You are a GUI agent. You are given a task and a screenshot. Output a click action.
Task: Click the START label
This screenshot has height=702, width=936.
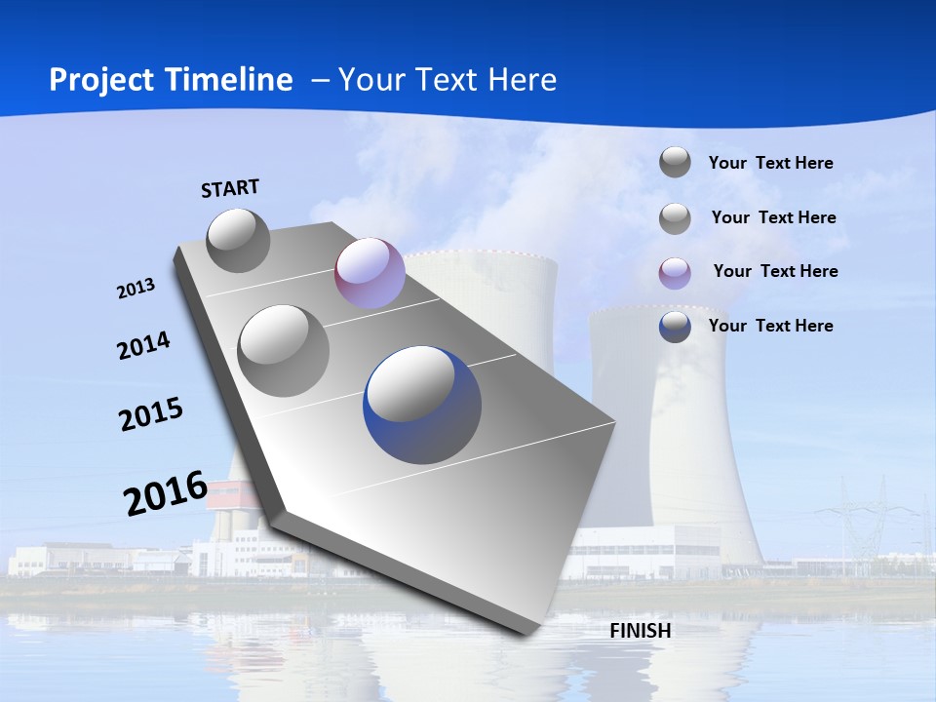(x=230, y=188)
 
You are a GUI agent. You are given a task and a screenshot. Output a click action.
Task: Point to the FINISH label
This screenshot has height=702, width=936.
(x=641, y=631)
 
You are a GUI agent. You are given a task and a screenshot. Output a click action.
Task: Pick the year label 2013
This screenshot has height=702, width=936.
(x=136, y=289)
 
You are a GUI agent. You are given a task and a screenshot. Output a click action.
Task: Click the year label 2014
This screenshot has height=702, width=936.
(x=144, y=346)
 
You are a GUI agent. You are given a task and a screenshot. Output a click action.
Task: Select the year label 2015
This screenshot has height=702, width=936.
(x=151, y=414)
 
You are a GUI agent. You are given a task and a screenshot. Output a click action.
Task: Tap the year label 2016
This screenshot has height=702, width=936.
(x=166, y=492)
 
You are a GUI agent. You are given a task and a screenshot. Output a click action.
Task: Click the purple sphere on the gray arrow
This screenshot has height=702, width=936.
(x=370, y=273)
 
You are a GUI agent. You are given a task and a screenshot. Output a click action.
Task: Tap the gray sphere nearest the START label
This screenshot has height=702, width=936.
(x=239, y=240)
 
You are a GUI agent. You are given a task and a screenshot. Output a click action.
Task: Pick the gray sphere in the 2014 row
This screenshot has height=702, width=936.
(x=284, y=351)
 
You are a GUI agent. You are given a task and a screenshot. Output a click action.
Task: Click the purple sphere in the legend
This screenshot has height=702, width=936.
(x=675, y=273)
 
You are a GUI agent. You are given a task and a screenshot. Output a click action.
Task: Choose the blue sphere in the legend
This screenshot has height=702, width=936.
(x=675, y=327)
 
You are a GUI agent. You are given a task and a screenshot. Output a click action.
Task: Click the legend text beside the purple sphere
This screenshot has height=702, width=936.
(x=775, y=271)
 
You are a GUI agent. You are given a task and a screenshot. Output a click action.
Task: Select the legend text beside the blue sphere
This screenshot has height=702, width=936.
(x=770, y=326)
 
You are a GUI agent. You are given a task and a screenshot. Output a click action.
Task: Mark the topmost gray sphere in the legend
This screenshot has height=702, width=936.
(x=675, y=162)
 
